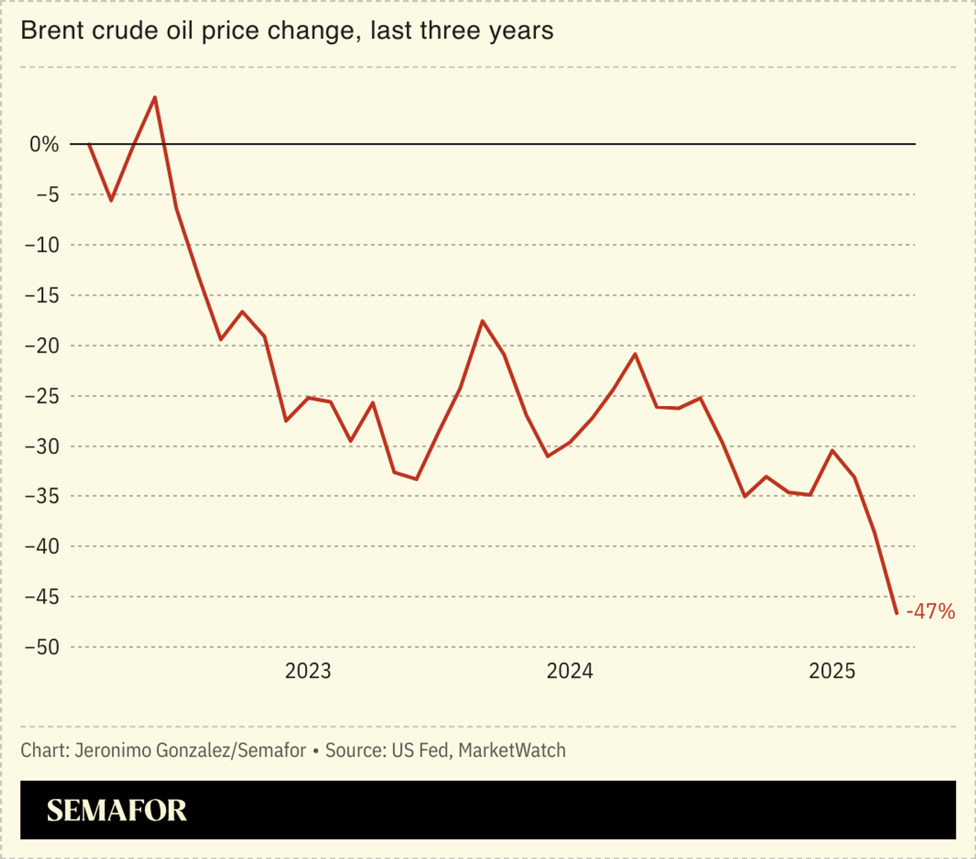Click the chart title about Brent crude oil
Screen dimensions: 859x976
coord(287,31)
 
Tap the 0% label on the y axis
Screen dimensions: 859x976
coord(44,144)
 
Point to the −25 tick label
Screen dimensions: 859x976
coord(42,396)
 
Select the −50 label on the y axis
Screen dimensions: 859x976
coord(42,647)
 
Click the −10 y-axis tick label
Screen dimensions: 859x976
coord(42,245)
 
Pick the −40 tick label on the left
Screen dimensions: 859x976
coord(42,546)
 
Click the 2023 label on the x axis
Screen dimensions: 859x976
coord(308,671)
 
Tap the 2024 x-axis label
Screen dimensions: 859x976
coord(569,671)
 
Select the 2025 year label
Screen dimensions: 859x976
coord(832,671)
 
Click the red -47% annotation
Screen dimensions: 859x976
coord(930,611)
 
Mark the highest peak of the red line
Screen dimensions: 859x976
coord(155,97)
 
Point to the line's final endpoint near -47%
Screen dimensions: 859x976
coord(896,613)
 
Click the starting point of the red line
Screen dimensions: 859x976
coord(89,144)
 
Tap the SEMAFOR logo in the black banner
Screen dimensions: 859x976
coord(116,810)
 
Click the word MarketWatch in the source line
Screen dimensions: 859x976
coord(511,750)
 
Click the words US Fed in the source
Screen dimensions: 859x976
coord(420,750)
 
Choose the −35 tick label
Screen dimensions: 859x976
coord(42,496)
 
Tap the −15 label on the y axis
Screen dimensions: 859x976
coord(42,295)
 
